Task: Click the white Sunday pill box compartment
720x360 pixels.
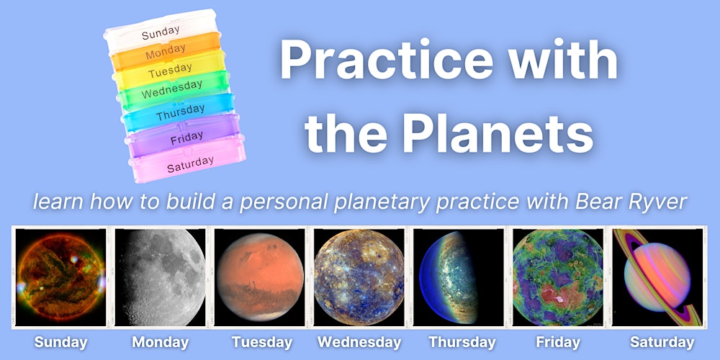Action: click(x=161, y=31)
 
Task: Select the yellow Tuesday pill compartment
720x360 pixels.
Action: click(x=169, y=71)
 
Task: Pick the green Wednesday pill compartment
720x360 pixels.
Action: click(x=173, y=90)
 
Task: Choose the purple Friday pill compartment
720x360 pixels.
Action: click(x=184, y=136)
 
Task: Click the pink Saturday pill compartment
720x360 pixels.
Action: click(x=188, y=161)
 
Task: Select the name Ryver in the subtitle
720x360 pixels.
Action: click(x=660, y=202)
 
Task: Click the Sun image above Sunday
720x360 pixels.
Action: click(x=60, y=277)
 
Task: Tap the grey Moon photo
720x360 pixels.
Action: click(x=160, y=277)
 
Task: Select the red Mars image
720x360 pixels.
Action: click(x=259, y=277)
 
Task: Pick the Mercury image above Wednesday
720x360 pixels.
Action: click(x=359, y=277)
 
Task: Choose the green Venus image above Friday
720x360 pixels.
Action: click(x=558, y=277)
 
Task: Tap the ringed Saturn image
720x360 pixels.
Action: click(x=657, y=277)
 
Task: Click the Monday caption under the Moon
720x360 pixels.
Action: click(x=161, y=342)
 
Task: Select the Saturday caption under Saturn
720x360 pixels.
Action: click(x=662, y=342)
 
